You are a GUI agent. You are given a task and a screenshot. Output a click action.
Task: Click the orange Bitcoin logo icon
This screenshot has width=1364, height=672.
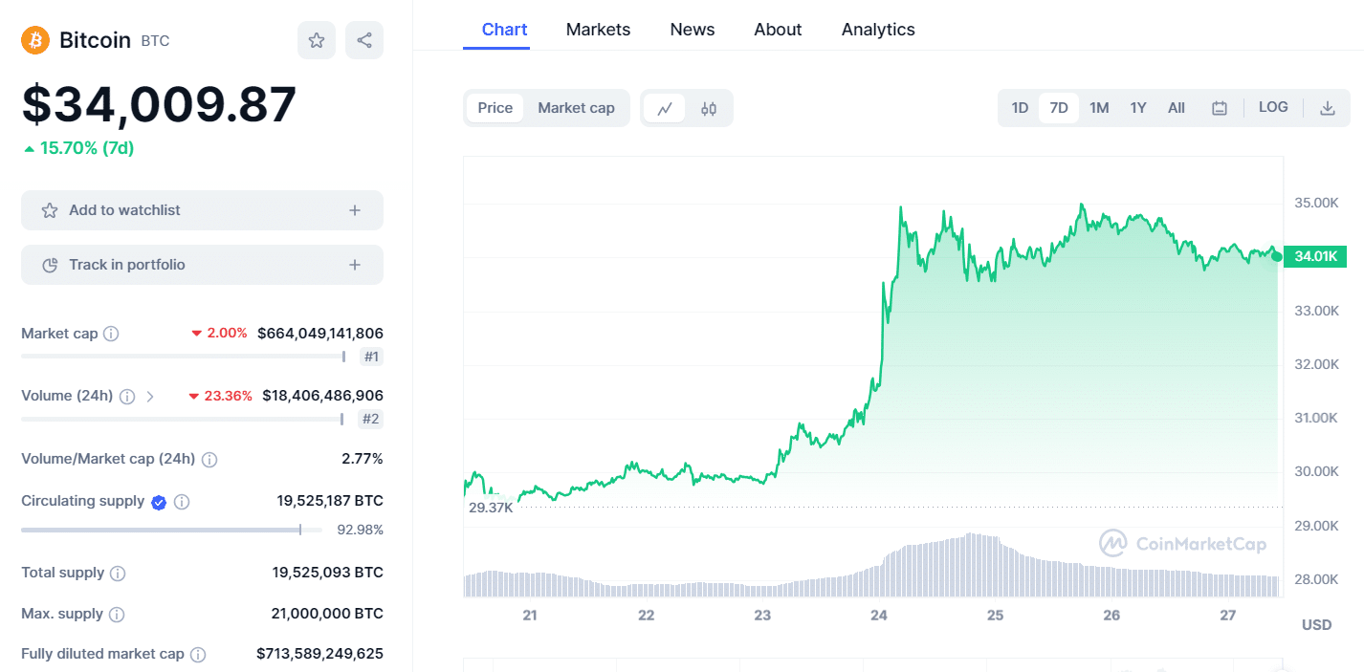[x=35, y=40]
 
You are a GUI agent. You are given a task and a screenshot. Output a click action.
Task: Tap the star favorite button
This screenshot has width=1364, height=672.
[x=317, y=40]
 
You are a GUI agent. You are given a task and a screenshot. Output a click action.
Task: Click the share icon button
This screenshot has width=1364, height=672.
[x=364, y=40]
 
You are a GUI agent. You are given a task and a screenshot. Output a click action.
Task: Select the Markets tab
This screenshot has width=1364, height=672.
[x=598, y=30]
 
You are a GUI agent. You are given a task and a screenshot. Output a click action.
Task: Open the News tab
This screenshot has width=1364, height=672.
[x=693, y=30]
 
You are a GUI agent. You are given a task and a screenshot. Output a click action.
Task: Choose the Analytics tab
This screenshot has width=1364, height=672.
[x=878, y=30]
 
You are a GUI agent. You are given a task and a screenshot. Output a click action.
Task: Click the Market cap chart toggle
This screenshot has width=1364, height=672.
[x=576, y=108]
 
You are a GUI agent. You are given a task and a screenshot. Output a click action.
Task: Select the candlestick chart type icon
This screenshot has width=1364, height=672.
[x=709, y=108]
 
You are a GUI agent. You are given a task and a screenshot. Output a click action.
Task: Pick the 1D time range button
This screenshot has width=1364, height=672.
[x=1020, y=108]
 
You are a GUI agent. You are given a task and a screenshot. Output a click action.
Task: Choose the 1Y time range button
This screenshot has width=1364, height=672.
[x=1137, y=108]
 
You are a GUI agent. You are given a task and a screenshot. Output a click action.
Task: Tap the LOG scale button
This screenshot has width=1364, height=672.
[x=1273, y=107]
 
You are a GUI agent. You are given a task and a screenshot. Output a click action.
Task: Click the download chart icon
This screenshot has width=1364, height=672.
[x=1328, y=108]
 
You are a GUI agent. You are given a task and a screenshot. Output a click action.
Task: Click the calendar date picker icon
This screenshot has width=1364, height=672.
[x=1220, y=108]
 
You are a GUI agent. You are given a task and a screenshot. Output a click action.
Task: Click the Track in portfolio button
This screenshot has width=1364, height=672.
[x=202, y=265]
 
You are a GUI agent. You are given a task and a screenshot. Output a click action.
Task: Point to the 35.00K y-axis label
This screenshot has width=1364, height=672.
[x=1316, y=203]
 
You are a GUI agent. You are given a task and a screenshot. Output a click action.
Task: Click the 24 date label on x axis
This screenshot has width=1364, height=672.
[x=879, y=615]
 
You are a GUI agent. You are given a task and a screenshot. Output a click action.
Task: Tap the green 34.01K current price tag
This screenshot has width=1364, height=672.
[x=1316, y=256]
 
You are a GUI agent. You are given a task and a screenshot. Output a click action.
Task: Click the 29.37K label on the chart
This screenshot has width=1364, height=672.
[x=491, y=508]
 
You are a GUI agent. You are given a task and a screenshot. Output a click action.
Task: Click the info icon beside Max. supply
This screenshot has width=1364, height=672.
[x=117, y=615]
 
